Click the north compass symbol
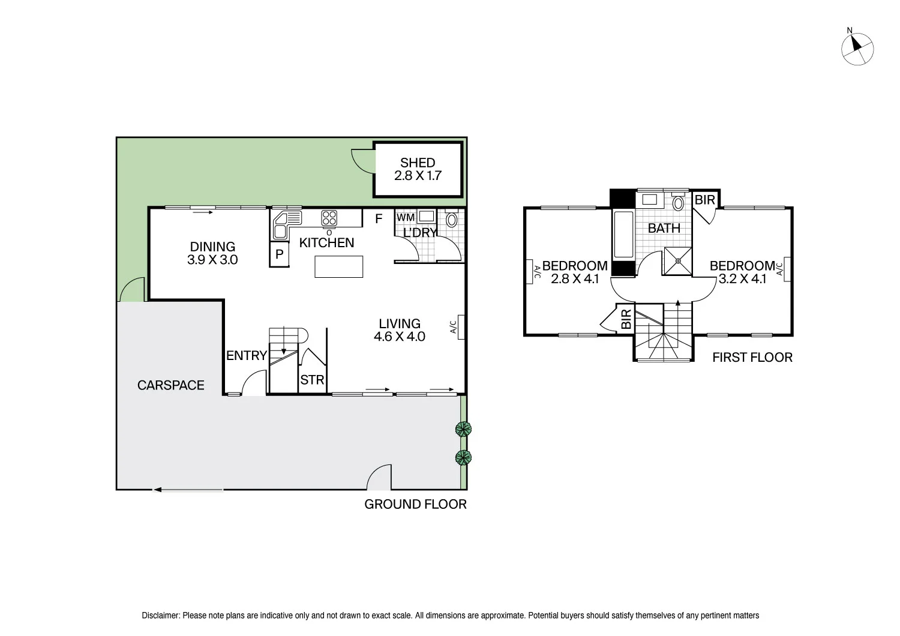tap(857, 49)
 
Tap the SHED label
tap(418, 163)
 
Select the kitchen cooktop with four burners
tap(329, 218)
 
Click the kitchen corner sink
tap(287, 225)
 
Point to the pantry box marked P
tap(279, 254)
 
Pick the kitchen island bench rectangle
tap(339, 267)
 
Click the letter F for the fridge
tap(379, 219)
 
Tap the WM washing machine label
tap(406, 217)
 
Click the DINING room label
tap(212, 246)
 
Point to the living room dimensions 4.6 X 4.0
tap(400, 336)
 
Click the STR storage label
tap(312, 380)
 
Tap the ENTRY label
tap(247, 356)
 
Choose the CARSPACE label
tap(171, 385)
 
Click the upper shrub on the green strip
tap(463, 429)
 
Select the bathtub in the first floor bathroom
tap(623, 234)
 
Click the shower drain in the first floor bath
tap(678, 261)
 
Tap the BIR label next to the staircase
tap(626, 319)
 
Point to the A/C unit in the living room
tap(461, 327)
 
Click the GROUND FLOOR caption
tap(415, 504)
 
